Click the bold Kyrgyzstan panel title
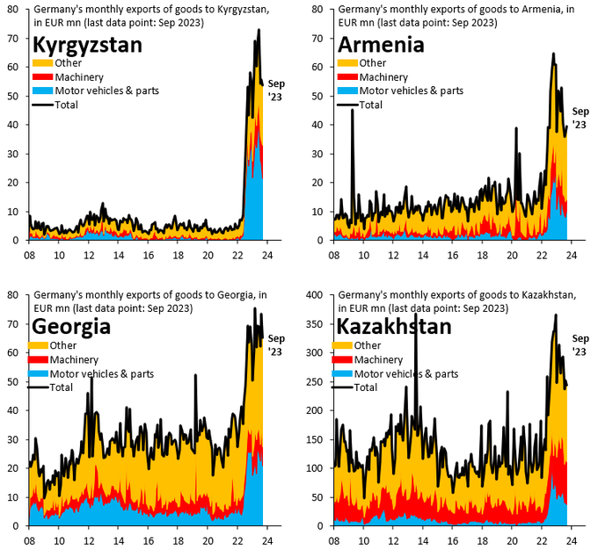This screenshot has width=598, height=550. (87, 46)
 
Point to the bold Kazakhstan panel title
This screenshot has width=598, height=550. (394, 327)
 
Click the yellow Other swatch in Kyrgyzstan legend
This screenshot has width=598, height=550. (41, 63)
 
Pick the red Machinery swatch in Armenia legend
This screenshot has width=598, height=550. (346, 76)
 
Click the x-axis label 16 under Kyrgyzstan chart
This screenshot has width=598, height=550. (149, 255)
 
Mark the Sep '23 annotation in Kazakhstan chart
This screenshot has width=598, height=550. (580, 344)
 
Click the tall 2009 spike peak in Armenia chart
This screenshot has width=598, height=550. (353, 111)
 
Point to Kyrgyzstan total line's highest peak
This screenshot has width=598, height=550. (259, 30)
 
